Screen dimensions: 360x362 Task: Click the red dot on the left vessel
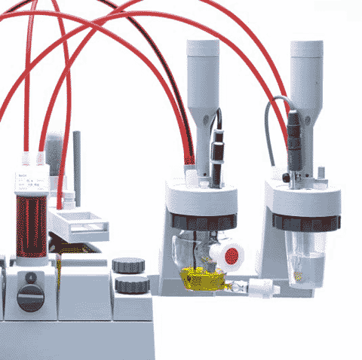pyautogui.click(x=232, y=255)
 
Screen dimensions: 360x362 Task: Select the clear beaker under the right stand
pyautogui.click(x=305, y=256)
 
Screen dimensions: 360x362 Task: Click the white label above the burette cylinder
pyautogui.click(x=30, y=182)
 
